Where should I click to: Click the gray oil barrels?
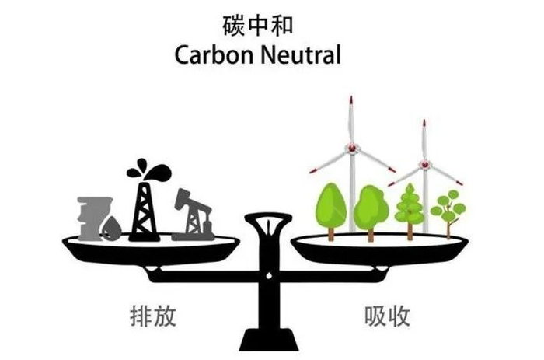coord(92,214)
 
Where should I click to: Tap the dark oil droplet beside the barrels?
coord(114,226)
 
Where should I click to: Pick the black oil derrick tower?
coord(143,204)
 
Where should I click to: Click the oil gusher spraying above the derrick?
coord(141,167)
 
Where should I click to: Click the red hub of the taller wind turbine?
coord(350,147)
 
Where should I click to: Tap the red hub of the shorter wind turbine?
coord(424,164)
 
